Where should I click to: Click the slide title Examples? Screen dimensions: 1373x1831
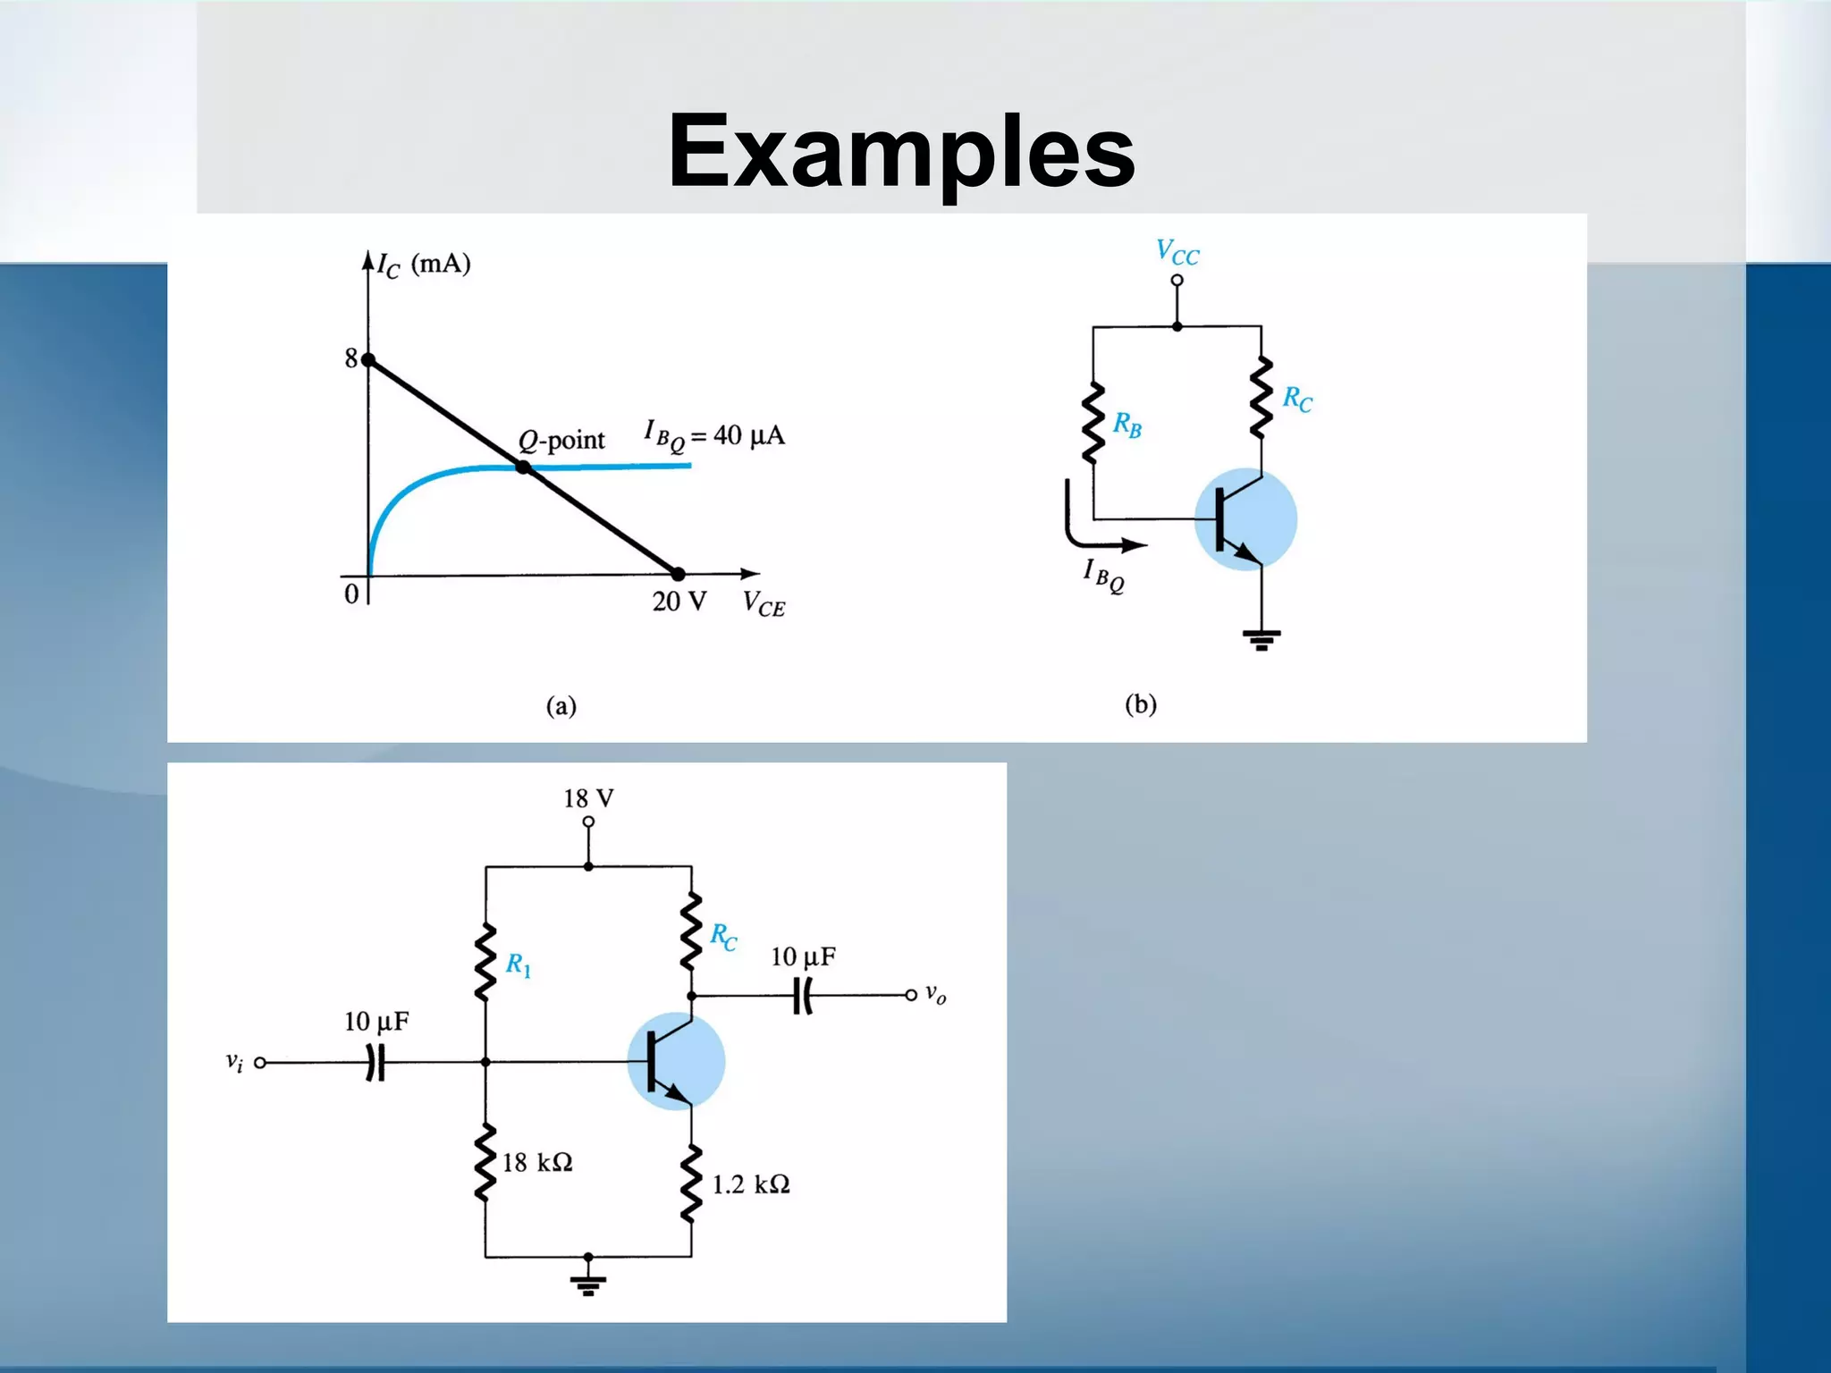[901, 152]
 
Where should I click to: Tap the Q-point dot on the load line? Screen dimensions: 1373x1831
[524, 467]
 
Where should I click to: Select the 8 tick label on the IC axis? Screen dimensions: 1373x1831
[351, 358]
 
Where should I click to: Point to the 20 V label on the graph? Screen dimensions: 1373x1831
[679, 602]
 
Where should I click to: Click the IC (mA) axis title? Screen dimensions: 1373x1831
[423, 265]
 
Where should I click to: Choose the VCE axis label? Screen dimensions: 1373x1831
[764, 604]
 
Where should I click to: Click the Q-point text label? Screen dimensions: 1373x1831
[561, 440]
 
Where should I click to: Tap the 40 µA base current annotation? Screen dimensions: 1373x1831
[714, 436]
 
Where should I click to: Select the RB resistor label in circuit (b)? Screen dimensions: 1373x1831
[1126, 425]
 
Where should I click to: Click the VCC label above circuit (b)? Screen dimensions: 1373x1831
[1177, 252]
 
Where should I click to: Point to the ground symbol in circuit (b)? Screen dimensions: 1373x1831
[1261, 639]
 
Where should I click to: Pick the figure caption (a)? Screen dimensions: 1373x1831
[561, 706]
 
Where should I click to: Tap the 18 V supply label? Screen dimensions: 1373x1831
[588, 797]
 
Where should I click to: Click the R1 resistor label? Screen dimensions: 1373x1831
[519, 964]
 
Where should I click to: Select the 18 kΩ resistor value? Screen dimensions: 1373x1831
[536, 1162]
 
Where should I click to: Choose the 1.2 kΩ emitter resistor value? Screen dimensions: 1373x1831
[751, 1184]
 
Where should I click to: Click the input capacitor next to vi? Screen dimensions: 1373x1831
[376, 1063]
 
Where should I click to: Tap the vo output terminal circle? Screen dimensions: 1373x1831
[910, 995]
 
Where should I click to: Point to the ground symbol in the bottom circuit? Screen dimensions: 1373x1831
[587, 1284]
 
